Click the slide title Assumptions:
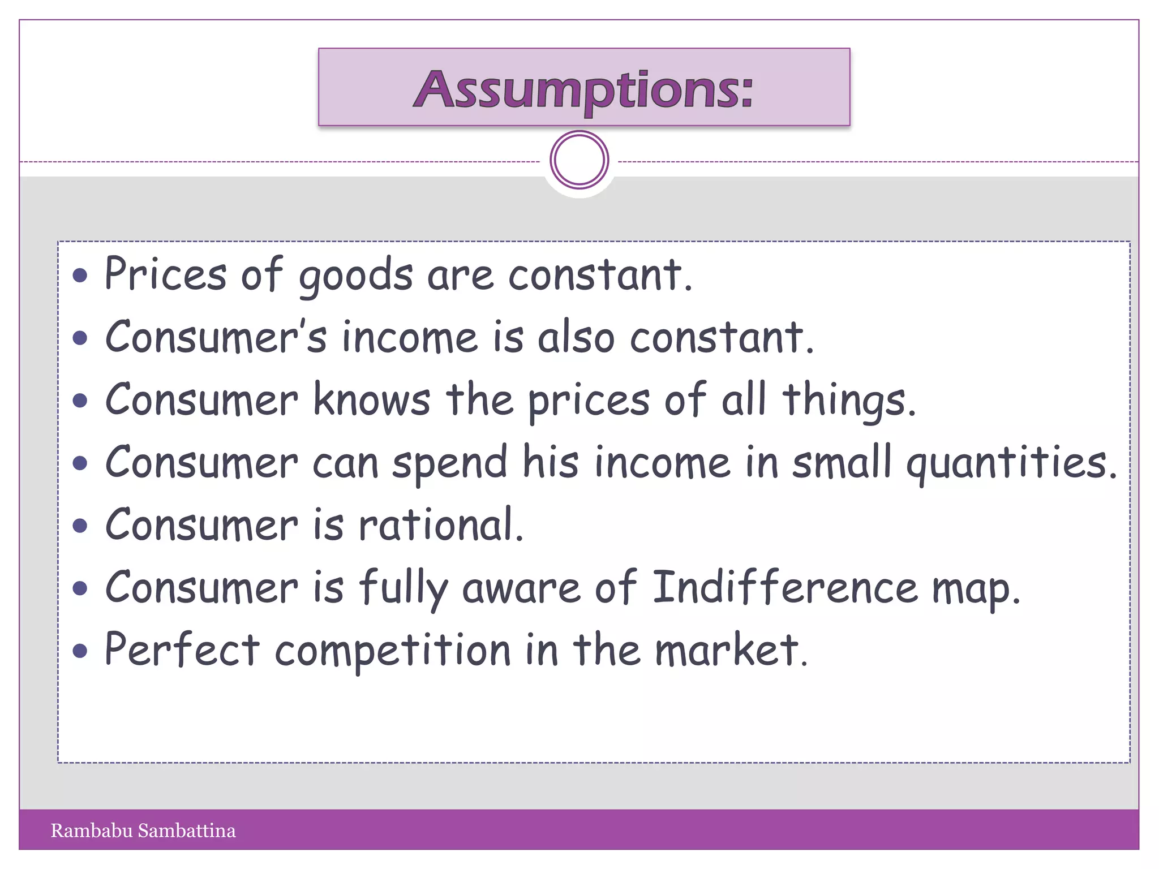coord(583,89)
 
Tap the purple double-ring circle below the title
coord(579,160)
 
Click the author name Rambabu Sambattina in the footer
coord(143,831)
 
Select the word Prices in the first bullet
coord(165,275)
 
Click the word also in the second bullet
coord(576,338)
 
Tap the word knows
coord(372,400)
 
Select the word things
coord(848,401)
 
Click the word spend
coord(450,463)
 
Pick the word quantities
coord(1011,464)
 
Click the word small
coord(842,462)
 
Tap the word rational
coord(441,525)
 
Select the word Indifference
coord(785,588)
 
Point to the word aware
coord(521,588)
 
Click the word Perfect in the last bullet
coord(182,649)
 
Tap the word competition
coord(393,652)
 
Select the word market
coord(731,651)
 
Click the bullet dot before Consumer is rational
coord(80,526)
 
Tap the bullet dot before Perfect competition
coord(80,651)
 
